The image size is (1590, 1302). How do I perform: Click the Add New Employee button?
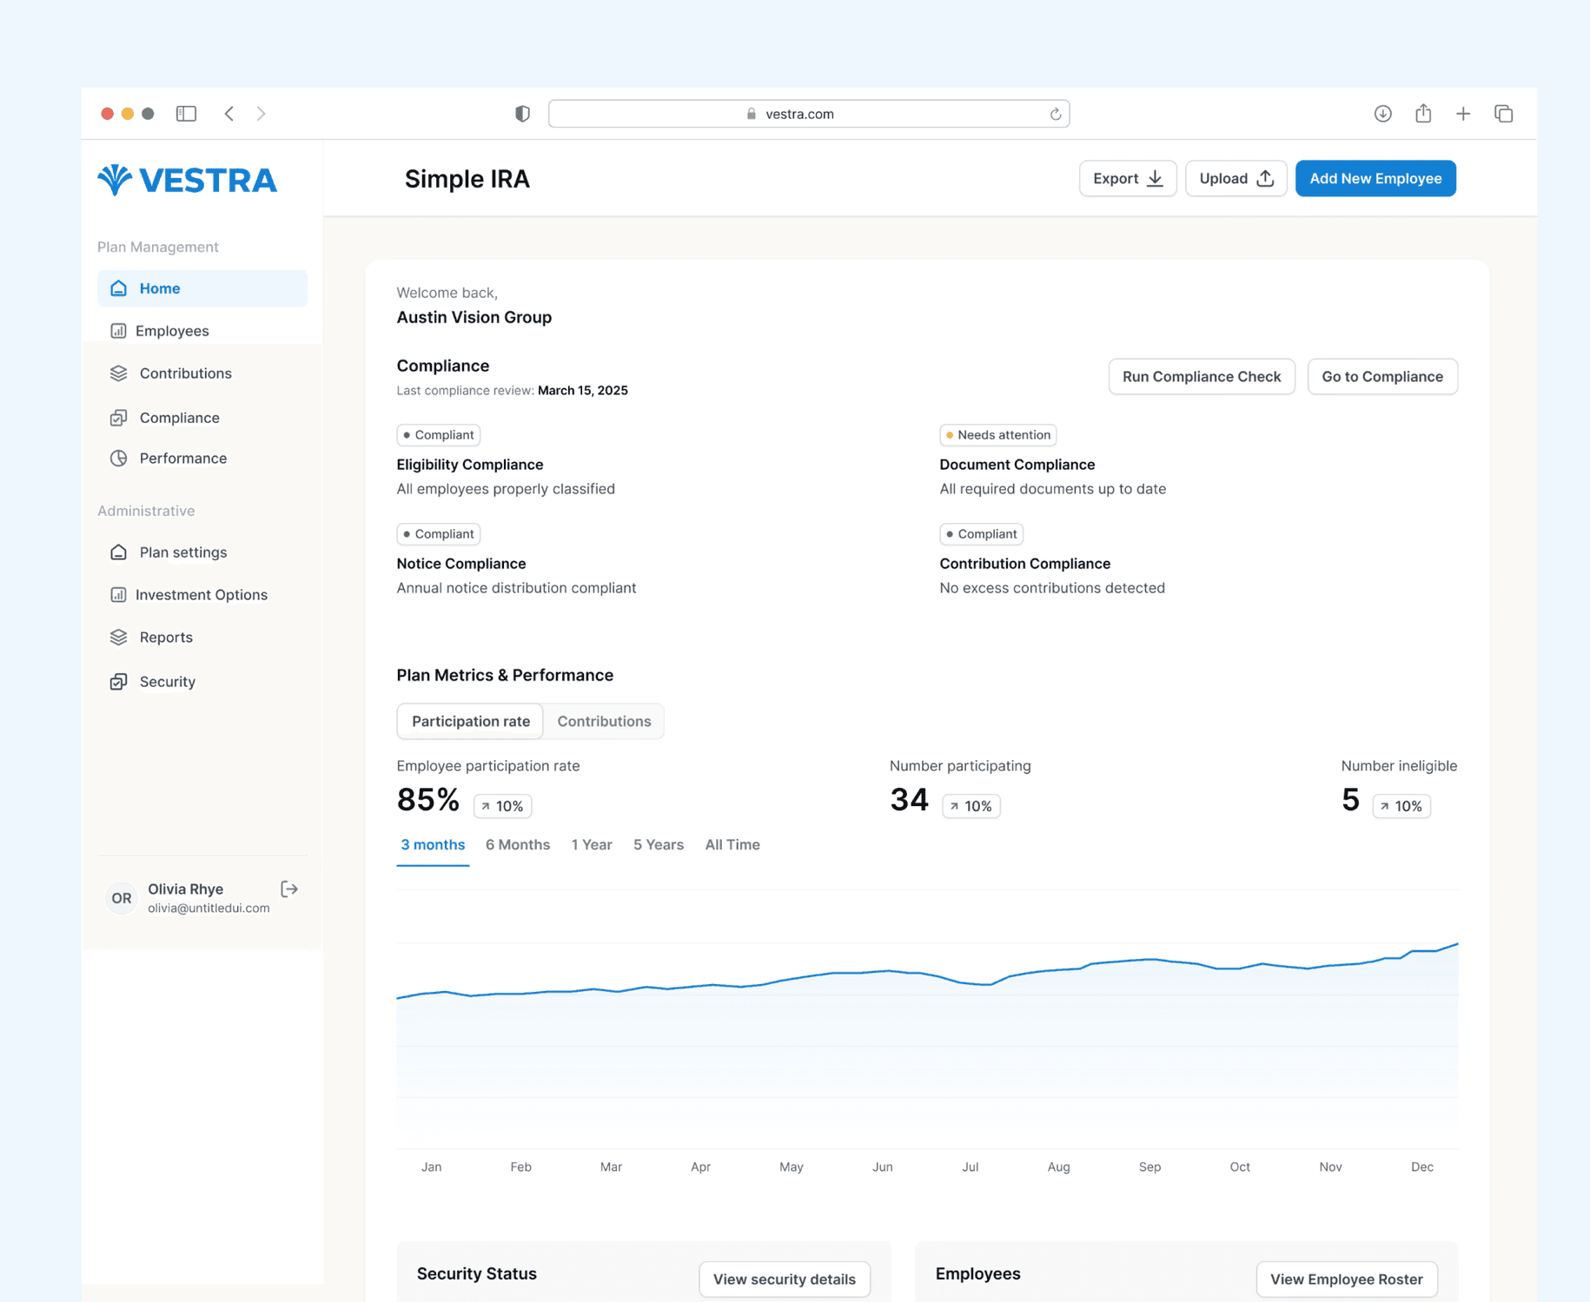click(1375, 178)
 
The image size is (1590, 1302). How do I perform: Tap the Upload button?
click(1236, 178)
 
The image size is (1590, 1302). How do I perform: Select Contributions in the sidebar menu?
click(185, 373)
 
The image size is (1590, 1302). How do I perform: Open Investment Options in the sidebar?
click(201, 595)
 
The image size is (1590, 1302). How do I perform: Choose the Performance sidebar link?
click(182, 459)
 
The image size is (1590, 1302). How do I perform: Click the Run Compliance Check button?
click(1202, 376)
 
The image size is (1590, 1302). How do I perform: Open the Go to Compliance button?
click(1382, 376)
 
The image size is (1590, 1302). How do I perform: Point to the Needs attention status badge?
click(997, 435)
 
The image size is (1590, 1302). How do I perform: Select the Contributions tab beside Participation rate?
click(604, 721)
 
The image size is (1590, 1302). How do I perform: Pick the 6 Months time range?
click(518, 844)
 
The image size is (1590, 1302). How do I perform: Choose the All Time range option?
click(732, 844)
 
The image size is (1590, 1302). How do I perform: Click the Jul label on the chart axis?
click(970, 1167)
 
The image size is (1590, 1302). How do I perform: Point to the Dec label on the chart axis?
click(1422, 1167)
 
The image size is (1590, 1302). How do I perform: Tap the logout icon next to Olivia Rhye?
click(289, 889)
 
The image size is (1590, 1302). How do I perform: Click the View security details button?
click(785, 1279)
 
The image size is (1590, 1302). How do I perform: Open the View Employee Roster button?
click(1347, 1279)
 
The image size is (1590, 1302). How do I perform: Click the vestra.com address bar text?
click(799, 114)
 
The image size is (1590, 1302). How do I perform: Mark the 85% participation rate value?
click(427, 799)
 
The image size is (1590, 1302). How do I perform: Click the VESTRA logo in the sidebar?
click(187, 180)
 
